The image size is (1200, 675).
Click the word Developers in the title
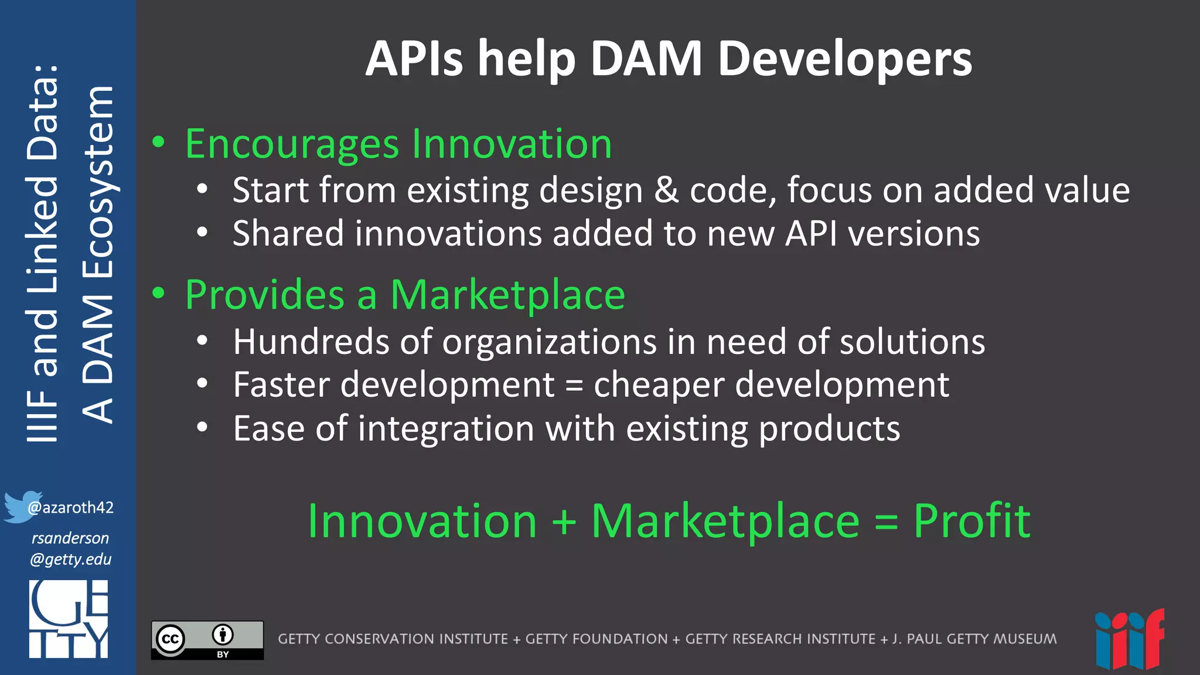click(844, 60)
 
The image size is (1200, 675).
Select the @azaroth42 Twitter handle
click(71, 507)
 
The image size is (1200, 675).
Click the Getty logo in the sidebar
click(69, 619)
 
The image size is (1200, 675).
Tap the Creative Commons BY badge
click(207, 640)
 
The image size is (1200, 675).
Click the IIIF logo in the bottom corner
click(1129, 640)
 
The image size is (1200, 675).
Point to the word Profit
click(971, 521)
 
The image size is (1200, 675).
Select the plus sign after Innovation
click(564, 522)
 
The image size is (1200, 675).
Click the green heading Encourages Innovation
click(398, 144)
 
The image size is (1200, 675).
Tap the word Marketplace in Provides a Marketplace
click(507, 295)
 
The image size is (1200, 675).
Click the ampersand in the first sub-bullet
click(666, 190)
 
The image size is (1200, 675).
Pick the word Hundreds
click(311, 342)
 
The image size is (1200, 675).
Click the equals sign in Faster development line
click(574, 386)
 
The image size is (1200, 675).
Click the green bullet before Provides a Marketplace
click(159, 293)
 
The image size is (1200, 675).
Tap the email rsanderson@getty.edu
click(70, 548)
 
